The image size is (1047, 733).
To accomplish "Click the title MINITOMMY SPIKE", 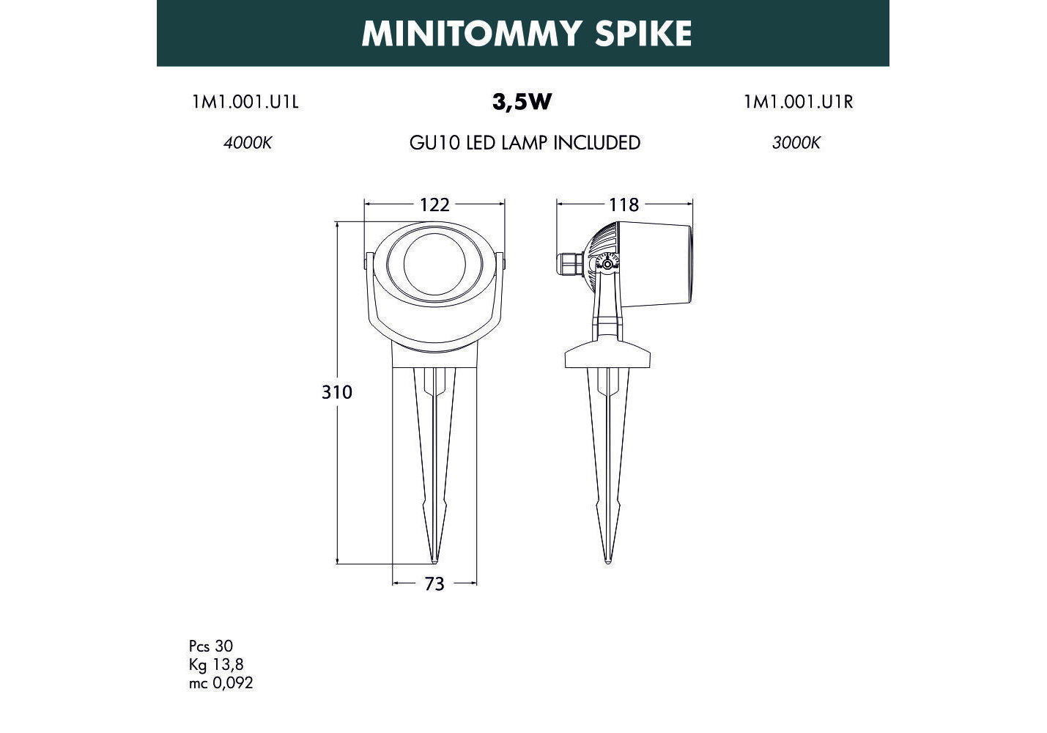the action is [x=526, y=33].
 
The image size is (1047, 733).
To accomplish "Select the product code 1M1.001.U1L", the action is [x=245, y=102].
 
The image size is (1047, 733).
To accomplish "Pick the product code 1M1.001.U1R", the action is [x=799, y=102].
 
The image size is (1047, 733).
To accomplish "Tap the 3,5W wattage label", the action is [x=522, y=102].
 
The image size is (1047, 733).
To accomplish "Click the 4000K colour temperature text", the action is [x=247, y=143].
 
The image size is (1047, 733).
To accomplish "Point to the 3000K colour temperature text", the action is [x=796, y=143].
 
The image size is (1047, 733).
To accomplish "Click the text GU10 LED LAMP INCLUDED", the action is [x=525, y=143].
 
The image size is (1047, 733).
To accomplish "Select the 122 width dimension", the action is [x=434, y=205].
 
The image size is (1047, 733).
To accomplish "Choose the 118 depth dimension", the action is [x=624, y=205].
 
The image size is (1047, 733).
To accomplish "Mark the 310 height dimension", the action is [x=337, y=392].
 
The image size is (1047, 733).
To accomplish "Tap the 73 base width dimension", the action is [x=434, y=584].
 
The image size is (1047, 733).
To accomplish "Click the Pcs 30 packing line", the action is [x=211, y=646].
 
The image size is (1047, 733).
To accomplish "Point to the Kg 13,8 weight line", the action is [x=216, y=664].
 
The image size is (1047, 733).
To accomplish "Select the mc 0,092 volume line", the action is [x=221, y=683].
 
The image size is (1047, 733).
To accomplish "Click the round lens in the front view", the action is [x=434, y=264].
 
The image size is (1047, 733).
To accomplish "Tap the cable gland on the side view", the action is [x=569, y=265].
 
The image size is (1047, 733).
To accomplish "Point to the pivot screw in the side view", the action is [x=607, y=265].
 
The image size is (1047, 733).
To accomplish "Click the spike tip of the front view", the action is [x=434, y=560].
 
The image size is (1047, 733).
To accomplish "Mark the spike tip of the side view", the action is [x=607, y=561].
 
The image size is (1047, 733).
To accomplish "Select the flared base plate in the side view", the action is [x=607, y=354].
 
